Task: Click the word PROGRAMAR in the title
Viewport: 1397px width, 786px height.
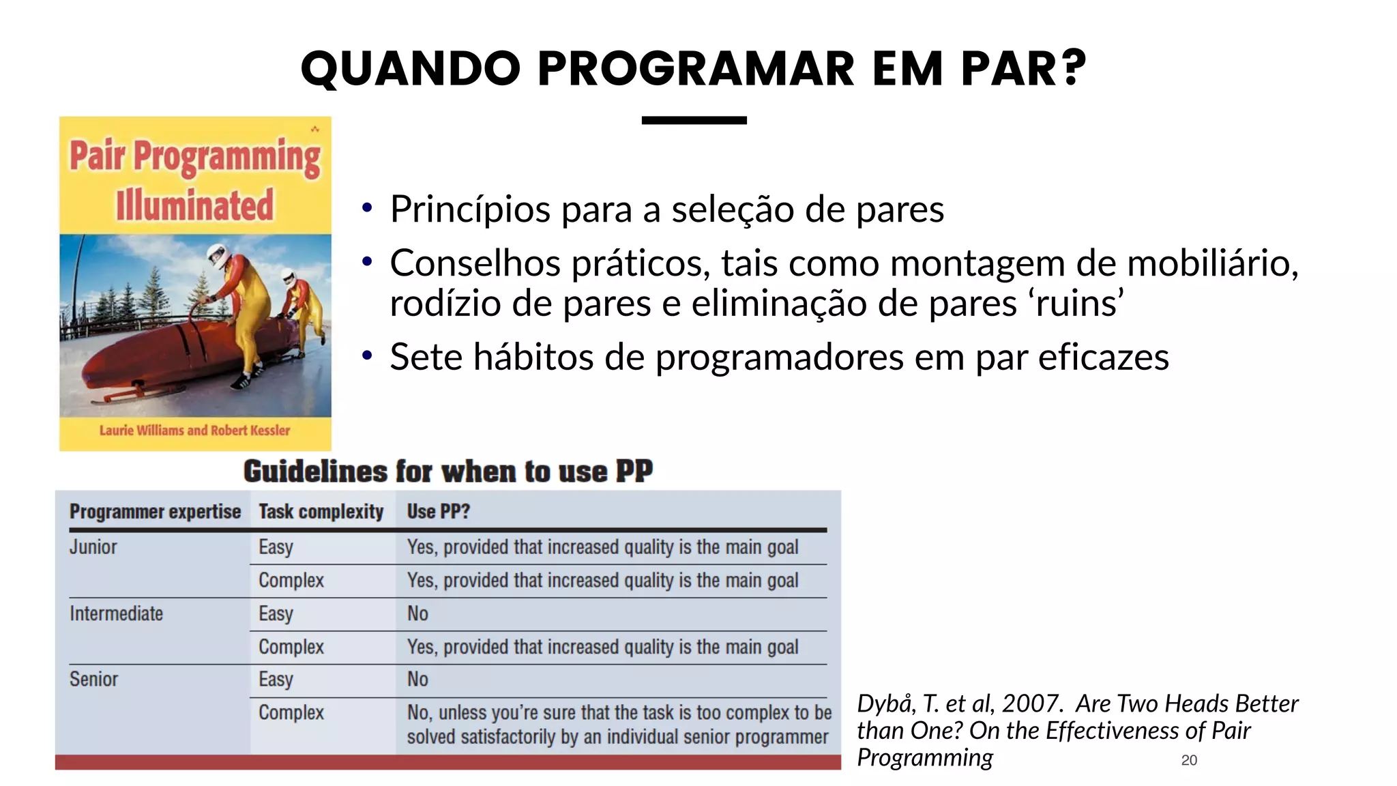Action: click(x=696, y=69)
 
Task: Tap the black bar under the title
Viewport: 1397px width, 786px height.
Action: click(x=694, y=121)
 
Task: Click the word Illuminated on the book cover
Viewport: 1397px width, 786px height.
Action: click(x=194, y=205)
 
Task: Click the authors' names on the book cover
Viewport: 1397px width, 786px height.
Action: click(x=194, y=431)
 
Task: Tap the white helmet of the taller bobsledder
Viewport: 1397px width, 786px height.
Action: click(x=218, y=255)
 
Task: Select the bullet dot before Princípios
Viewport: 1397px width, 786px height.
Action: click(x=367, y=207)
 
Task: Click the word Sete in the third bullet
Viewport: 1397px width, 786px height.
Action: click(x=426, y=357)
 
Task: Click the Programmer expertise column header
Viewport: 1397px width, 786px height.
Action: click(x=155, y=512)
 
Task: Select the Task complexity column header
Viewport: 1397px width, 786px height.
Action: click(x=321, y=512)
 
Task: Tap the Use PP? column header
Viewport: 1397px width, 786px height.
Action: click(x=438, y=512)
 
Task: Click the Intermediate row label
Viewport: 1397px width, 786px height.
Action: click(x=116, y=613)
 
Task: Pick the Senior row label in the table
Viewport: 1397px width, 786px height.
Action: click(x=93, y=680)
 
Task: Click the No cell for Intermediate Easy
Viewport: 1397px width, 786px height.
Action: click(x=417, y=613)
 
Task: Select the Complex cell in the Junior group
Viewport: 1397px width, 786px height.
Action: click(x=291, y=581)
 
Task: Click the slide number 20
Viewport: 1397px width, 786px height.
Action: click(x=1189, y=760)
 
